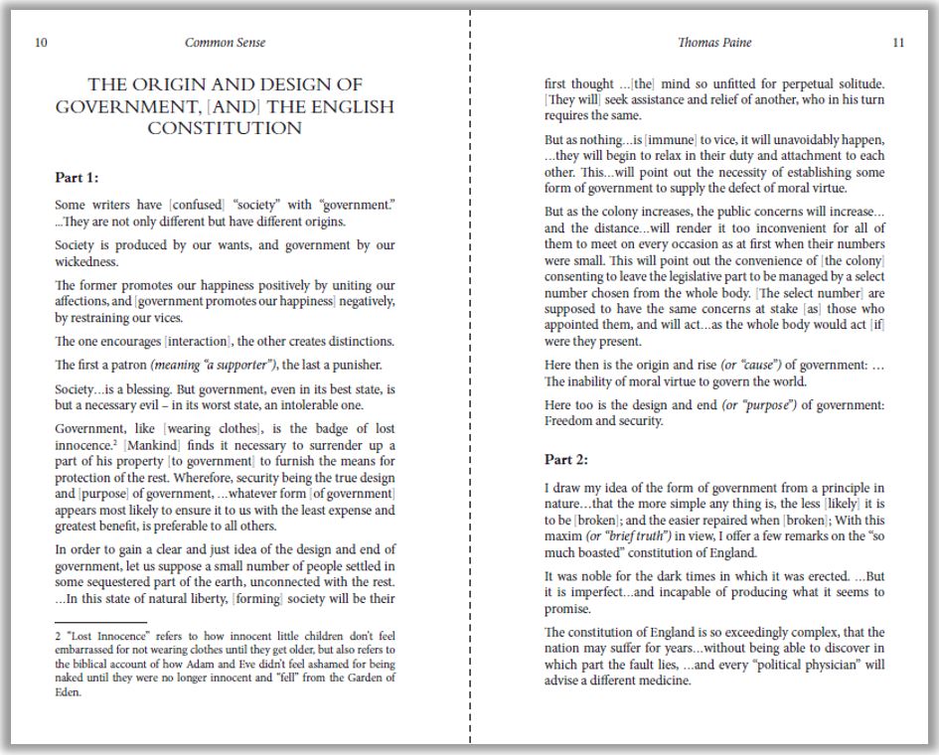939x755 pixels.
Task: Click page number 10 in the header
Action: [x=41, y=43]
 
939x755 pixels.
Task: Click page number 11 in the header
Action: [x=898, y=43]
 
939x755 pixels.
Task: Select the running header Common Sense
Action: [x=226, y=43]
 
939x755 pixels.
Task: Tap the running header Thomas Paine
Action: [x=714, y=43]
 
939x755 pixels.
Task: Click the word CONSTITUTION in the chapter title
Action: [x=225, y=128]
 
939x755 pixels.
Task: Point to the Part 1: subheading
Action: [x=77, y=178]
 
